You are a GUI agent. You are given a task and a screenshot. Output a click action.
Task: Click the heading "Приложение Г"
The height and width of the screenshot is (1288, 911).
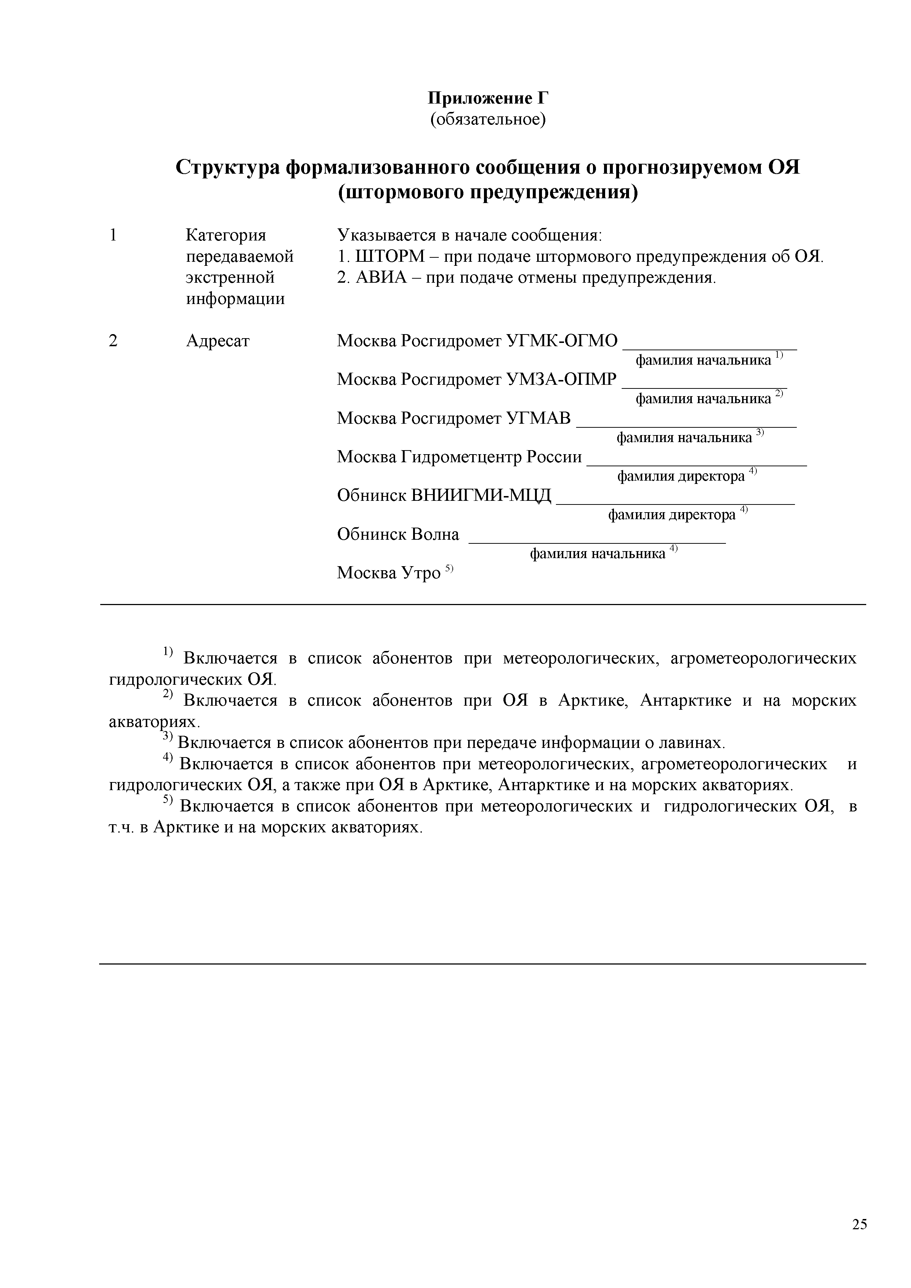click(488, 98)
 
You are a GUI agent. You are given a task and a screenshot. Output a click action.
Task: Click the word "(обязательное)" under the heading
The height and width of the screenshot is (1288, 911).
click(488, 119)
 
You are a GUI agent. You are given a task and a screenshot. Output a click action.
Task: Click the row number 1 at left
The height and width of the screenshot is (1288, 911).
click(113, 235)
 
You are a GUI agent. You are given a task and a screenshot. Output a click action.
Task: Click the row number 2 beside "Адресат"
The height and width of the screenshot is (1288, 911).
click(113, 340)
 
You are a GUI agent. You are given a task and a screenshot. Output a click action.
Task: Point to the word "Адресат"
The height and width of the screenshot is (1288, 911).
click(218, 340)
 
